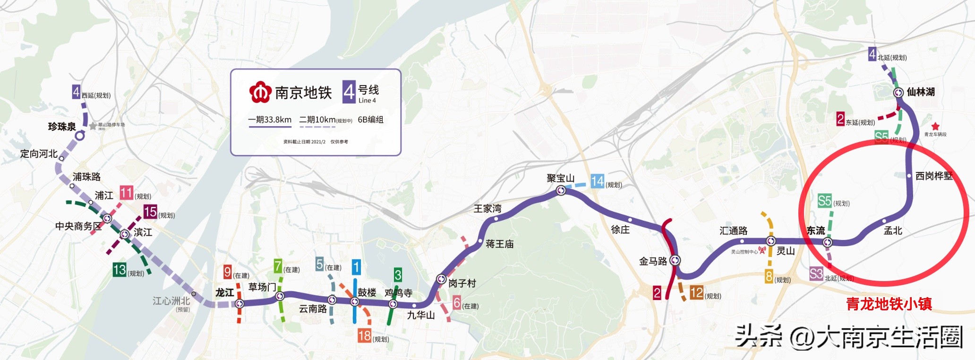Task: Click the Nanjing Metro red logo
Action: (260, 92)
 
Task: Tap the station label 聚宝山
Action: (560, 178)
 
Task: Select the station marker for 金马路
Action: (675, 260)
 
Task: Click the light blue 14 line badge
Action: (597, 181)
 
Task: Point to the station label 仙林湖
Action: (921, 92)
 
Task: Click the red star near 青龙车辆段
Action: (935, 126)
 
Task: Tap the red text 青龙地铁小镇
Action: (889, 304)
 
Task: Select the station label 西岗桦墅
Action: (933, 176)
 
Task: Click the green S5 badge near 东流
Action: (824, 201)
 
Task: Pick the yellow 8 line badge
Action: (769, 276)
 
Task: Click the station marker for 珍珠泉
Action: (80, 136)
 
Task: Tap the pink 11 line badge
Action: (126, 193)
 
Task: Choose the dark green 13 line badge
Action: (119, 270)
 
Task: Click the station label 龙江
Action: (225, 292)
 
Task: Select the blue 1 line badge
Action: (356, 267)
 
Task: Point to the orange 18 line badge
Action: (364, 336)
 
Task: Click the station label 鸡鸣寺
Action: (398, 293)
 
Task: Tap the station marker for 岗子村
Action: (441, 279)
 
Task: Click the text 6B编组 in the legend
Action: (370, 120)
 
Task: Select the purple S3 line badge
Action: (816, 274)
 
